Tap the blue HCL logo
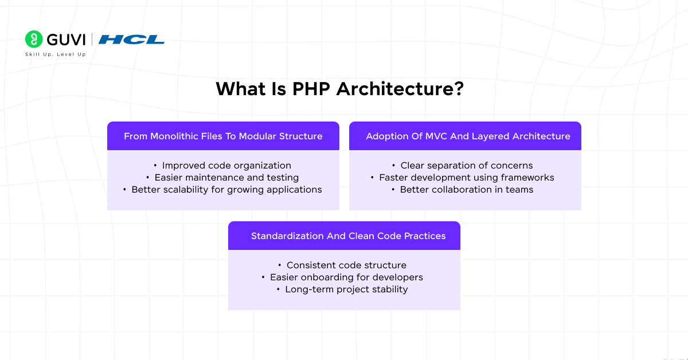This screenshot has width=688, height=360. (x=131, y=40)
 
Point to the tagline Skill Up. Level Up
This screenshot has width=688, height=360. (x=55, y=54)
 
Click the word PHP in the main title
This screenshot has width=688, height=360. (x=312, y=89)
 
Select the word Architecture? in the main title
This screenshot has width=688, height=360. (x=400, y=89)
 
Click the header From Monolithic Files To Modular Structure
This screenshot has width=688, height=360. (x=223, y=136)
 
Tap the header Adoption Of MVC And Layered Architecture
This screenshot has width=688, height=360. (x=468, y=136)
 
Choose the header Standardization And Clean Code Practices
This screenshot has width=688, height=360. (x=348, y=236)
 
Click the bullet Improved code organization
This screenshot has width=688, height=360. (x=226, y=166)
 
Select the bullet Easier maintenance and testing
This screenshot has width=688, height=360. (x=226, y=178)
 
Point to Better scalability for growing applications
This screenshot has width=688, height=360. (x=226, y=190)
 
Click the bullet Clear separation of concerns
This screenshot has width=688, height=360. (x=467, y=166)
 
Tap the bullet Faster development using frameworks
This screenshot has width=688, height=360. (x=467, y=178)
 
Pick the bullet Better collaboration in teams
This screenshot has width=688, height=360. (x=467, y=190)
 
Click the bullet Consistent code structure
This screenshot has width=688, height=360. (x=346, y=265)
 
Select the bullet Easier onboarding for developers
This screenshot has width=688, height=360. (x=346, y=277)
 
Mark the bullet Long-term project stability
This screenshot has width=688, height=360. (x=346, y=289)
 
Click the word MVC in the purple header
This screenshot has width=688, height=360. (x=436, y=136)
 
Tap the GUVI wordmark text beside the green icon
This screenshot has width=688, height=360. (x=66, y=39)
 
